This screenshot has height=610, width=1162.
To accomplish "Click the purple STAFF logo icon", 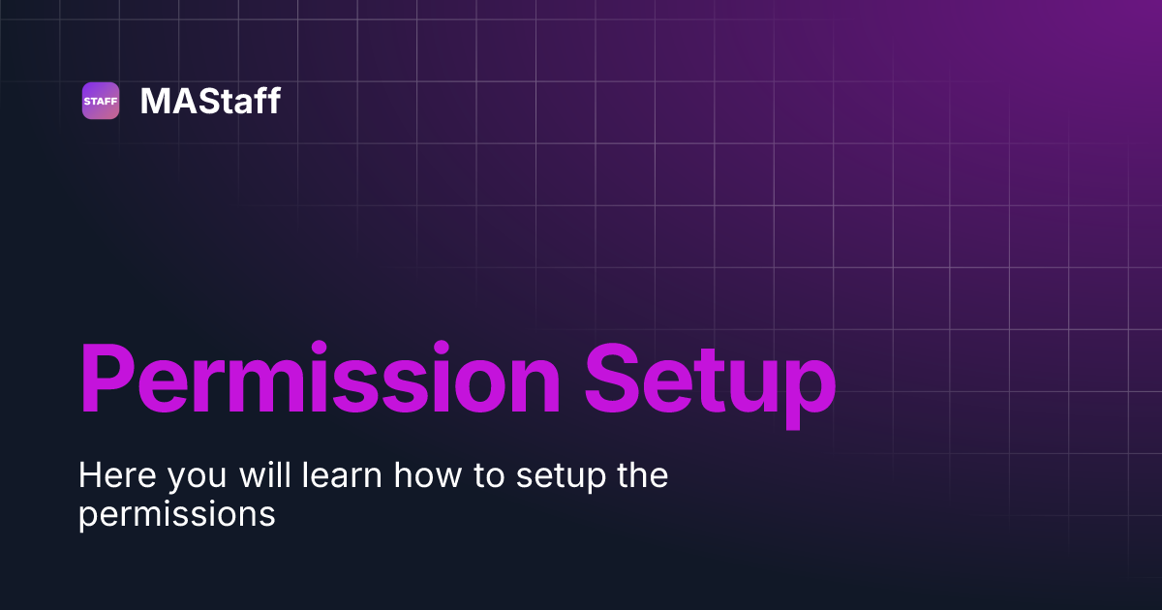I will click(x=101, y=101).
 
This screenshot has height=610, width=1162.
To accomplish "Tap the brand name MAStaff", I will click(x=210, y=101).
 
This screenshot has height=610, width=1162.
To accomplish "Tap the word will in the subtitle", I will click(x=267, y=476).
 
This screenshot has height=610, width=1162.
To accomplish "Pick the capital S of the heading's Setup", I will click(x=617, y=380).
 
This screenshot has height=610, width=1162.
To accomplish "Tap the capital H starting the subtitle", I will click(x=90, y=476).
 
